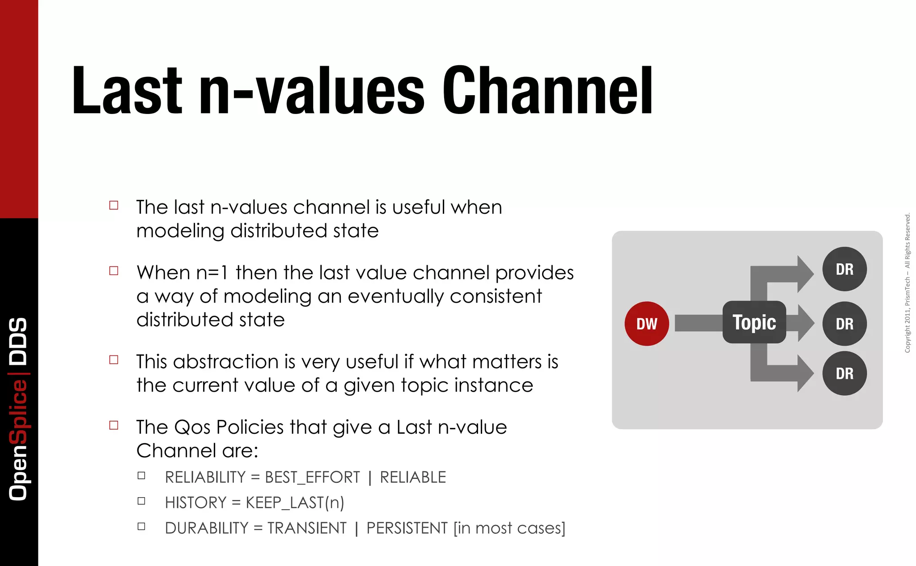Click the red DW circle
pyautogui.click(x=646, y=324)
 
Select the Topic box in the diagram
pyautogui.click(x=754, y=322)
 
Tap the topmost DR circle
pyautogui.click(x=844, y=269)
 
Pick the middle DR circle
pyautogui.click(x=844, y=324)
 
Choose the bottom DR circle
pyautogui.click(x=844, y=373)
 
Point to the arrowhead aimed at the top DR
pyautogui.click(x=805, y=274)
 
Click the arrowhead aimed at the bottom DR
pyautogui.click(x=805, y=373)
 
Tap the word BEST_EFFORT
pyautogui.click(x=312, y=477)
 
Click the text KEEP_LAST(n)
pyautogui.click(x=295, y=503)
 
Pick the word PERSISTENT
pyautogui.click(x=407, y=528)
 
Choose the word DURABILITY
pyautogui.click(x=206, y=528)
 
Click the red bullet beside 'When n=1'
pyautogui.click(x=114, y=271)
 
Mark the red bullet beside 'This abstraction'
pyautogui.click(x=114, y=360)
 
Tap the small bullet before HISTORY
pyautogui.click(x=141, y=501)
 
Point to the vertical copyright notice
pyautogui.click(x=908, y=283)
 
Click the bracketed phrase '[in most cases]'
pyautogui.click(x=509, y=528)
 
